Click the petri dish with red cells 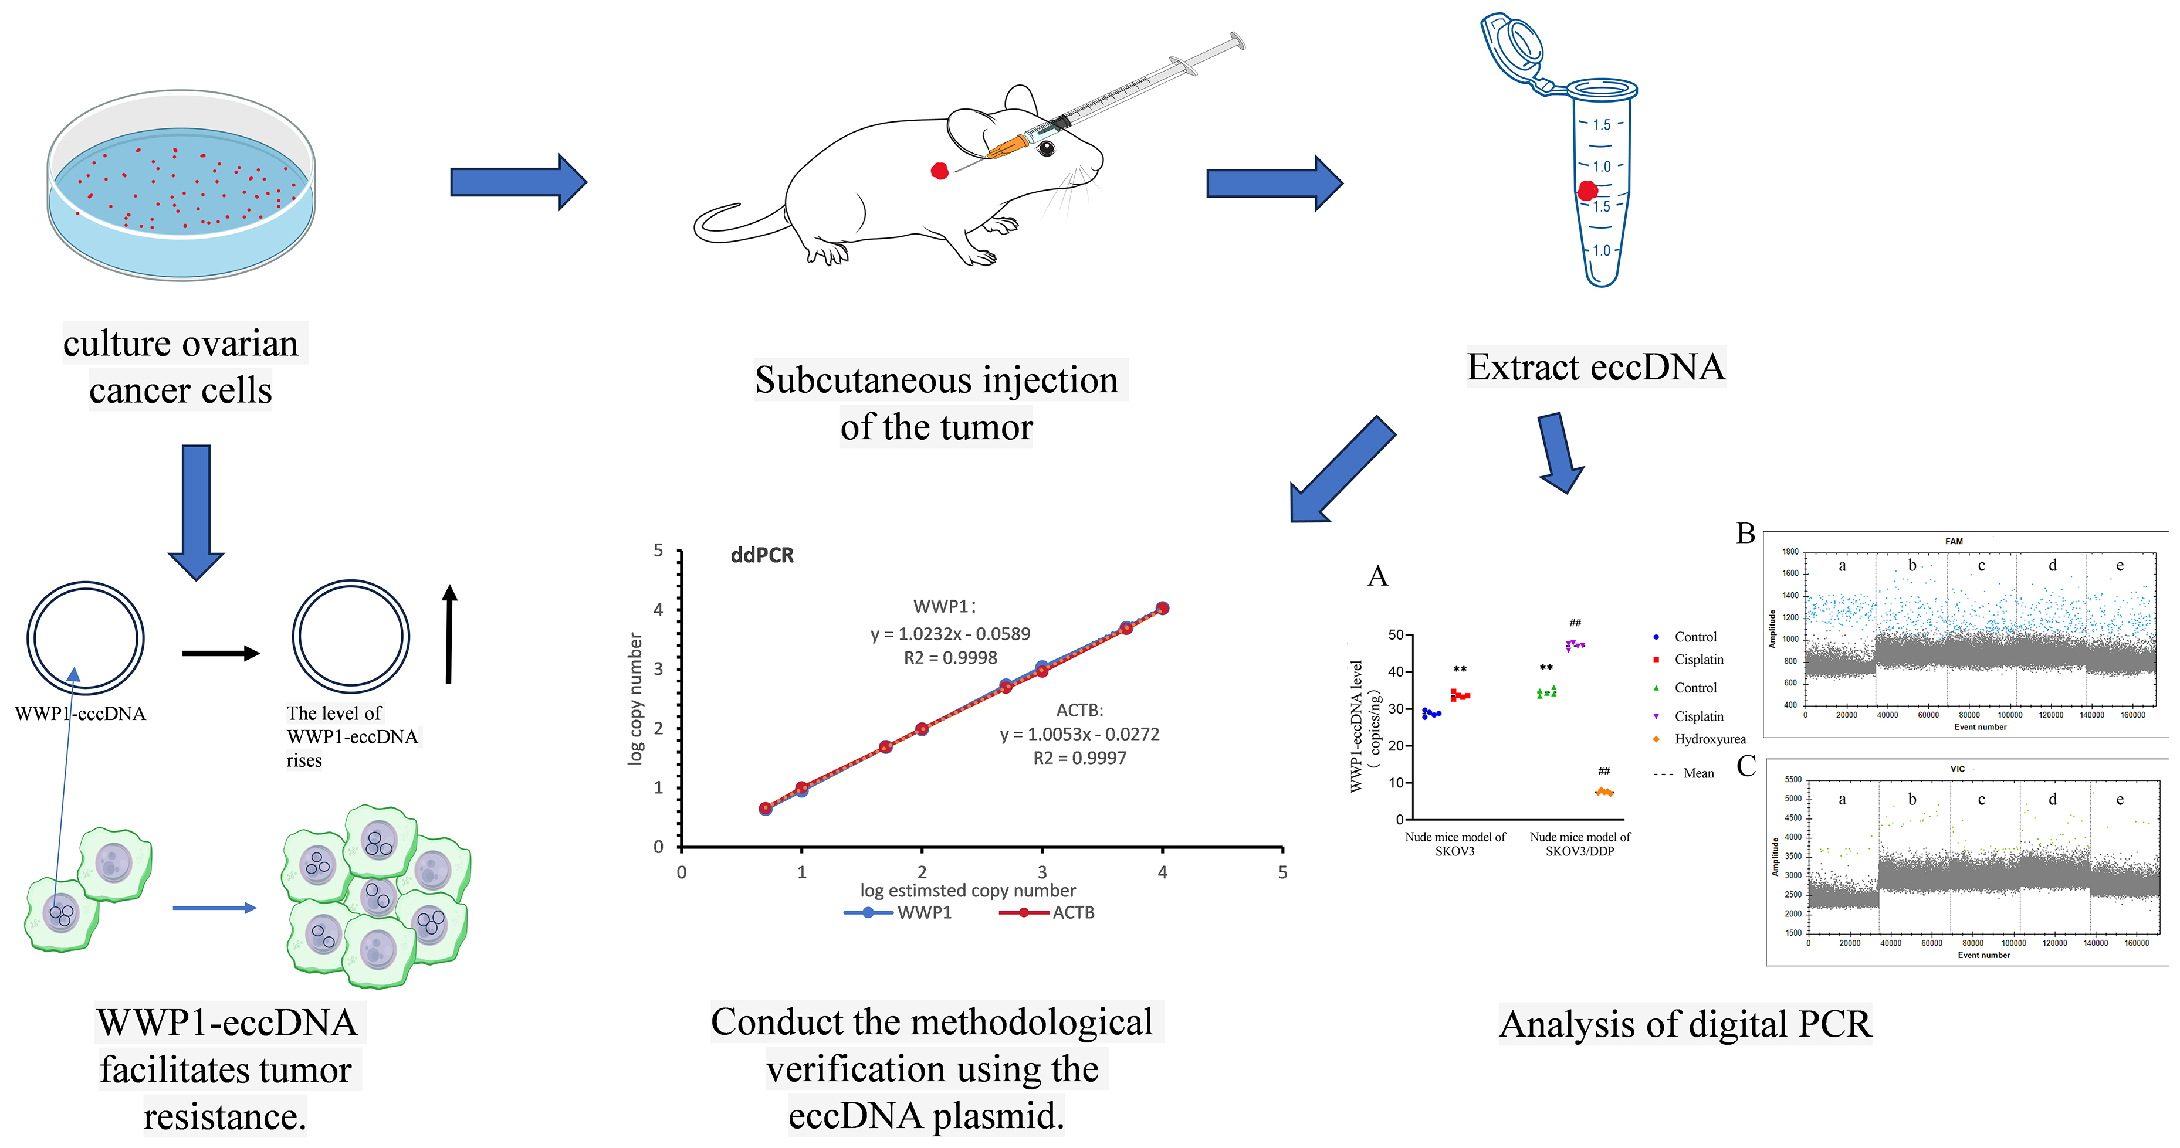pyautogui.click(x=180, y=185)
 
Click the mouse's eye pyautogui.click(x=1047, y=149)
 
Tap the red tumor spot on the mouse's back pyautogui.click(x=939, y=171)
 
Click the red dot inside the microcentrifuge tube pyautogui.click(x=1587, y=191)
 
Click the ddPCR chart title pyautogui.click(x=761, y=555)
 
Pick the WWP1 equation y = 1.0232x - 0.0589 pyautogui.click(x=950, y=634)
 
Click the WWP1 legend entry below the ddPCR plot pyautogui.click(x=899, y=913)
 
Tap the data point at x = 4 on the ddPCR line pyautogui.click(x=1162, y=608)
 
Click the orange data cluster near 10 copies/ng pyautogui.click(x=1604, y=793)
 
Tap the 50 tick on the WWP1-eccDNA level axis pyautogui.click(x=1396, y=634)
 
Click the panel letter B pyautogui.click(x=1745, y=534)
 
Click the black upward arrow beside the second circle pyautogui.click(x=449, y=634)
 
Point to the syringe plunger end pyautogui.click(x=1237, y=40)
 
